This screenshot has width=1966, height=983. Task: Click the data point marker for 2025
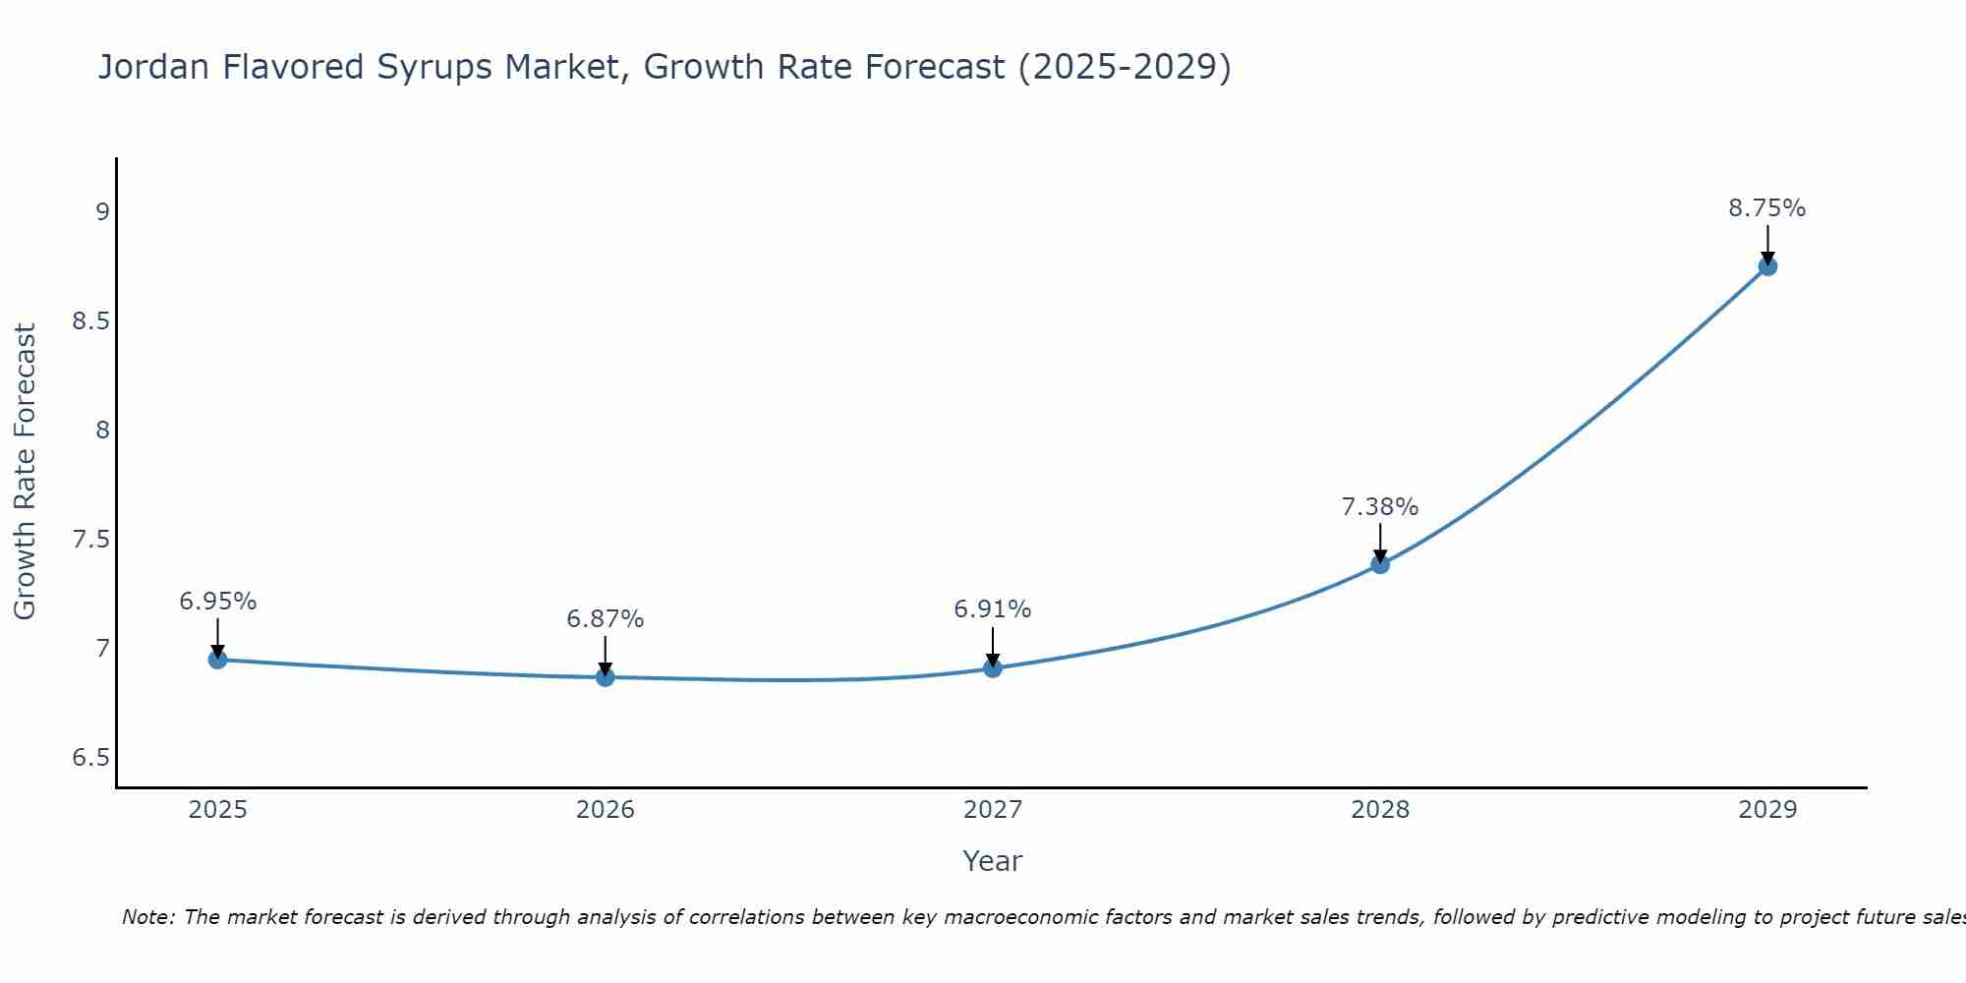218,660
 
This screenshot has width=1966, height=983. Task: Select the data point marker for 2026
606,677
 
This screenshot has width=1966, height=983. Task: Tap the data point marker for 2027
993,668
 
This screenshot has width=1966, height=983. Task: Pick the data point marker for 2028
1380,564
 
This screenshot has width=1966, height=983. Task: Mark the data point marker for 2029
1767,266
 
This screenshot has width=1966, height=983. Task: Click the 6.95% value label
218,602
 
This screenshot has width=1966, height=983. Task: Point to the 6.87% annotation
606,619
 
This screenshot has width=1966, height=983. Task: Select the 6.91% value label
993,609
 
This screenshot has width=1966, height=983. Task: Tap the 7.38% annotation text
1380,507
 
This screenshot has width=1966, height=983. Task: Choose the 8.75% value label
1767,208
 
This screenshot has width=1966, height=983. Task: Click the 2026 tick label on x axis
606,810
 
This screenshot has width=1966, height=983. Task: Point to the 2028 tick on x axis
1380,810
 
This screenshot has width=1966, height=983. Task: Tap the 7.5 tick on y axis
90,540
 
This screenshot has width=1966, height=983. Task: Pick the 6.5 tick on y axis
90,758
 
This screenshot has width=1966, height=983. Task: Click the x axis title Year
993,861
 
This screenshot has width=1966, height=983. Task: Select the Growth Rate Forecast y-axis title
26,472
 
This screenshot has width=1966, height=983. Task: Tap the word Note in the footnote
147,917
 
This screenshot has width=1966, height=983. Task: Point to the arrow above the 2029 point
1767,244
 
